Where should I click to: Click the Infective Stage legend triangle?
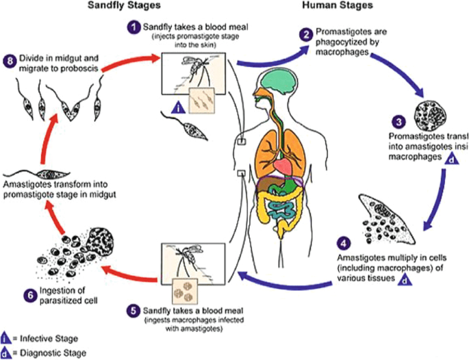[x=6, y=338]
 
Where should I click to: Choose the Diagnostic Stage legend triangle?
[x=6, y=353]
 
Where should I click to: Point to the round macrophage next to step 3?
[x=435, y=114]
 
